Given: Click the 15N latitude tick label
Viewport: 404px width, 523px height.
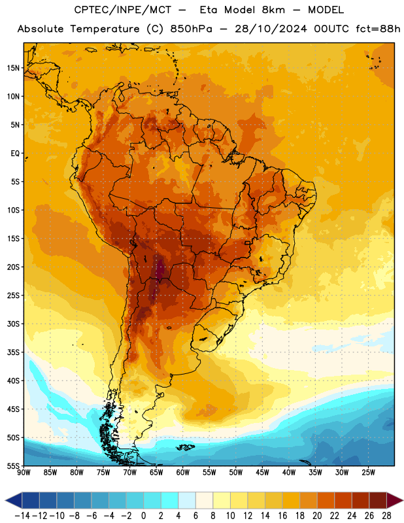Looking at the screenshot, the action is (13, 68).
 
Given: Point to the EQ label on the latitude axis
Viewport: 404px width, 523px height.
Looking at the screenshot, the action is (15, 154).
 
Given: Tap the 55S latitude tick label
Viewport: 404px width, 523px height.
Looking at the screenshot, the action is (13, 465).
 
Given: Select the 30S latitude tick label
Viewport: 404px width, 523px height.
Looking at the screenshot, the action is (13, 324).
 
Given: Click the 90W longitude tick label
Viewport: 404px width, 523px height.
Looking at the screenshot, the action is (24, 472).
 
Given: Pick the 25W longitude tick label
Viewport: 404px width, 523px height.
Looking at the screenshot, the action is (368, 472).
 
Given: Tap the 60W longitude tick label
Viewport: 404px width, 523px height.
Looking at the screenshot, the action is (183, 472).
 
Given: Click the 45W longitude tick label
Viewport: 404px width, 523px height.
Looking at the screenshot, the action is (262, 472).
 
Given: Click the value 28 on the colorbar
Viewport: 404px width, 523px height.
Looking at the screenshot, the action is (386, 516).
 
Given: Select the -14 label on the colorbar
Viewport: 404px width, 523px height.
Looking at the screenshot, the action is (22, 516).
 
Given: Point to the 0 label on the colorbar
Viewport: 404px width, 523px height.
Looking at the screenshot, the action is (144, 516).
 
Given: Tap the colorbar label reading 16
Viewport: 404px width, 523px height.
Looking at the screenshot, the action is (282, 516).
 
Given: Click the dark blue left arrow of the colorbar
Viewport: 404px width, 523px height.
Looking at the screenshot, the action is (14, 500).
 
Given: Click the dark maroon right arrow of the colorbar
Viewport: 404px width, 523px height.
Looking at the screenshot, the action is (395, 500).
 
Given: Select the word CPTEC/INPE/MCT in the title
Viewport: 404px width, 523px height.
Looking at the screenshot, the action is (123, 10).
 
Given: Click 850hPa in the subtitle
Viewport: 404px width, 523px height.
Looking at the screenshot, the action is (191, 29).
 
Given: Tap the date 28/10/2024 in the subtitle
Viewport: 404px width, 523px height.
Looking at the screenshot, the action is (271, 29).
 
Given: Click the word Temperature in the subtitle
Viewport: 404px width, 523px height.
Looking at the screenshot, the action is (105, 29).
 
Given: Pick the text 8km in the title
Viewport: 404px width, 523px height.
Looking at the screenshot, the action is (273, 10).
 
